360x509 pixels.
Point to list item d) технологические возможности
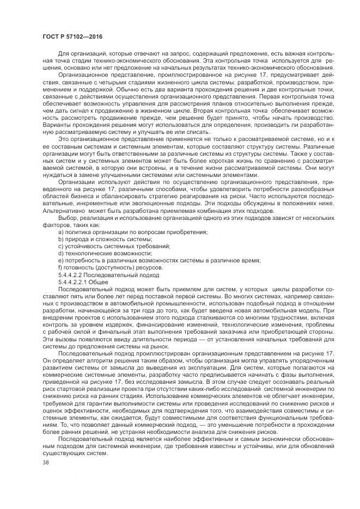pos(104,253)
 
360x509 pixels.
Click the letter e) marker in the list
pos(60,260)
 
